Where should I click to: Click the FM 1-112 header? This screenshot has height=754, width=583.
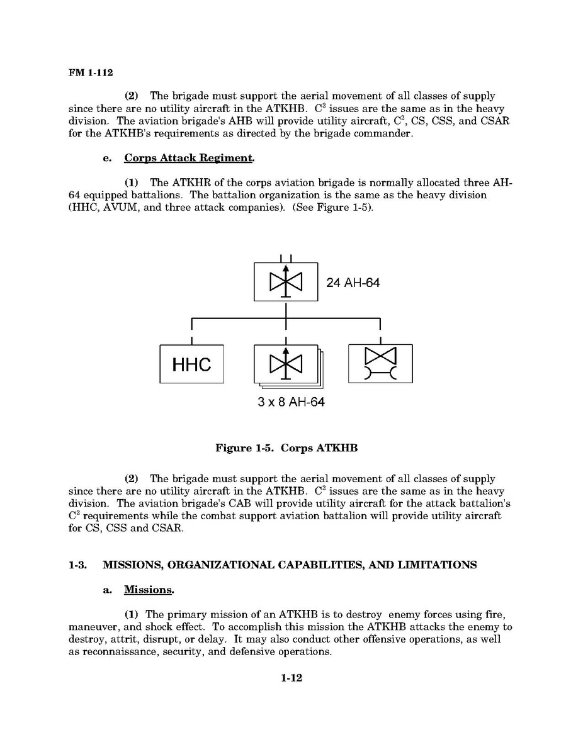click(x=90, y=73)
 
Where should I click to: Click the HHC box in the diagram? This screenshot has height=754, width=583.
click(x=191, y=364)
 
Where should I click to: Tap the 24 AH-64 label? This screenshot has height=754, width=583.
click(x=353, y=283)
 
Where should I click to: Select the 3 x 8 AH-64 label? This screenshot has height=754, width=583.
click(x=291, y=402)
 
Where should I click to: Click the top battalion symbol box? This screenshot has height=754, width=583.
click(x=286, y=281)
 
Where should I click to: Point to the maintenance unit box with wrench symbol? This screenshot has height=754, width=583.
click(x=380, y=364)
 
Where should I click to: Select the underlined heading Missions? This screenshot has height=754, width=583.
click(x=149, y=590)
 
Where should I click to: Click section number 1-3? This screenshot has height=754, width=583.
click(x=77, y=565)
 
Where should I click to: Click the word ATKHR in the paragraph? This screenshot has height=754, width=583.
click(x=186, y=183)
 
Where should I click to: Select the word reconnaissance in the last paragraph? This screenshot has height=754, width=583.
click(x=119, y=651)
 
